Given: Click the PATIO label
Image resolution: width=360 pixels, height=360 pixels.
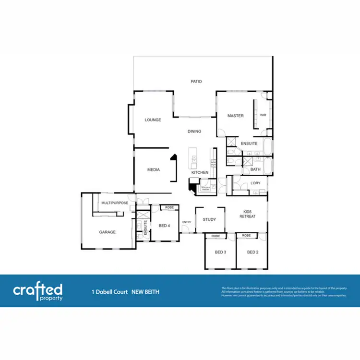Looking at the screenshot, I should (196, 82).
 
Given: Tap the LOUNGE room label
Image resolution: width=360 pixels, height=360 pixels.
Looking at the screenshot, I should (153, 120).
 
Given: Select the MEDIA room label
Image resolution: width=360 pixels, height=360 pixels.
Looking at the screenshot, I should (153, 169).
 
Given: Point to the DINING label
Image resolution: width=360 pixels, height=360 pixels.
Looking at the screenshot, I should (194, 132).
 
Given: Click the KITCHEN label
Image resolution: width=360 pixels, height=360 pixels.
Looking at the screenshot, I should (200, 172).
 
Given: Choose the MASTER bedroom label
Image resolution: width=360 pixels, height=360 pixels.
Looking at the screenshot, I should (236, 116).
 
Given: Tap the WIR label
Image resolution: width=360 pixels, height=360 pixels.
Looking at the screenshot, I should (263, 115).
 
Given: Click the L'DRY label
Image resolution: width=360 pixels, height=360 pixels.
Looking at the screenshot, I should (255, 183).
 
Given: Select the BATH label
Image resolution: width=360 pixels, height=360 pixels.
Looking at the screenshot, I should (255, 169).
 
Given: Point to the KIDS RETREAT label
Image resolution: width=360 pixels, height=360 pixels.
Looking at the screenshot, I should (248, 214).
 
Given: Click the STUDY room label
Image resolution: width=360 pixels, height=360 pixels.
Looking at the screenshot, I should (210, 219).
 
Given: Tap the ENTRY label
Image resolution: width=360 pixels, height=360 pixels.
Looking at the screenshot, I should (187, 222).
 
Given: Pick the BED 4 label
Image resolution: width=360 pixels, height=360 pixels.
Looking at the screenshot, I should (165, 225).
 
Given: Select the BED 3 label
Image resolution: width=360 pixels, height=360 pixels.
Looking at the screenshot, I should (220, 252).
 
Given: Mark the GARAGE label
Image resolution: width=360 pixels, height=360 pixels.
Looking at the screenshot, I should (108, 232).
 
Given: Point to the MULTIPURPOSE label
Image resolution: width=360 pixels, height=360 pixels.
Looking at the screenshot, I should (115, 203).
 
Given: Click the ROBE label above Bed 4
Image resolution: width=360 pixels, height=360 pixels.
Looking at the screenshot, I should (169, 207).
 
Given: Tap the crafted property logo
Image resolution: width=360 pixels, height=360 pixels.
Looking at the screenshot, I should (37, 291).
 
